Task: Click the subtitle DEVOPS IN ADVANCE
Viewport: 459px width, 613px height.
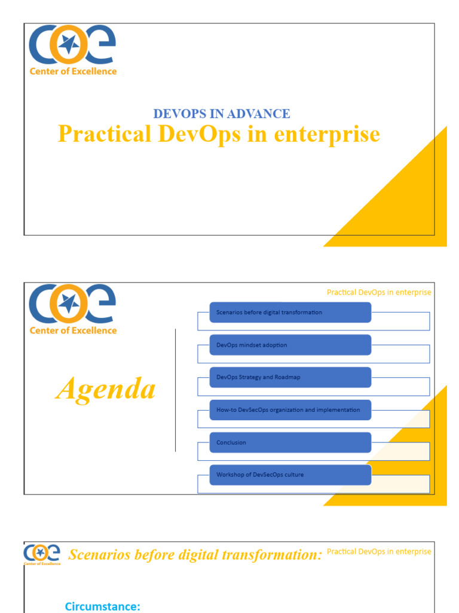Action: click(x=222, y=114)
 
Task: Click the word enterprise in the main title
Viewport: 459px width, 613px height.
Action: click(x=327, y=134)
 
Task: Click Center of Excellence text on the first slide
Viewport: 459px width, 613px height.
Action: click(x=73, y=71)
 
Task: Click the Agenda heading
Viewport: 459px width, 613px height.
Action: click(x=106, y=390)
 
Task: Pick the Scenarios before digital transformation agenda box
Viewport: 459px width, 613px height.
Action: click(x=290, y=312)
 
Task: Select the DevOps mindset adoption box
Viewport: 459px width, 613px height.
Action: click(x=290, y=345)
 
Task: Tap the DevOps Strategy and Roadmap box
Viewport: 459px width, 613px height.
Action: click(x=290, y=377)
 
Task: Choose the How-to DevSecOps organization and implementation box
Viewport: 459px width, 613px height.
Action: click(x=290, y=410)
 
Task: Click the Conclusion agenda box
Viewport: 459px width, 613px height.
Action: click(x=290, y=442)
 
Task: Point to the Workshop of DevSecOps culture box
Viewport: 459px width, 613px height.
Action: click(x=290, y=475)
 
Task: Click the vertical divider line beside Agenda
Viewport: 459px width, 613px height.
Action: click(x=175, y=390)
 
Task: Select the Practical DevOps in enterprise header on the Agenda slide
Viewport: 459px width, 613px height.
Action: click(x=378, y=292)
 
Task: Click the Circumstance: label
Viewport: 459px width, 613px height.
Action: click(x=102, y=606)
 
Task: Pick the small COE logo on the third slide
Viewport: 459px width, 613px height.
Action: click(x=42, y=554)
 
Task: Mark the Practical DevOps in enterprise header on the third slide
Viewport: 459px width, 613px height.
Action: click(x=378, y=551)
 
